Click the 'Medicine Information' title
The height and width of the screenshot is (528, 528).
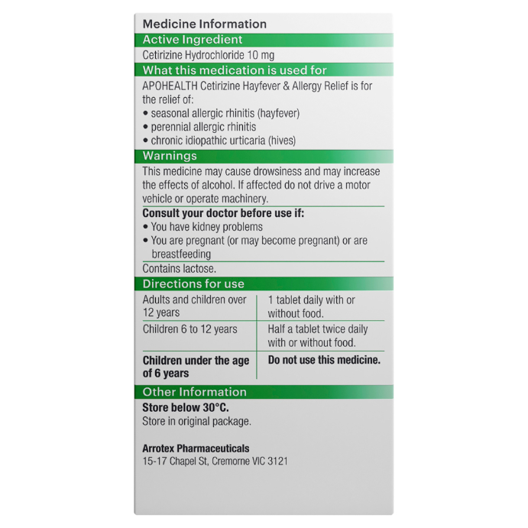[x=204, y=24]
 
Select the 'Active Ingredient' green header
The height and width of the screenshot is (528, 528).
[x=193, y=40]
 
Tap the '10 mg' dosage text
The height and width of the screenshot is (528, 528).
[x=260, y=55]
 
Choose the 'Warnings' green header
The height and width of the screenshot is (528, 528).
[x=170, y=156]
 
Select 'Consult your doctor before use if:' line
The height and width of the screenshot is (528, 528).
[x=223, y=213]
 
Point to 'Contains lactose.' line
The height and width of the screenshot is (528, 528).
[x=180, y=269]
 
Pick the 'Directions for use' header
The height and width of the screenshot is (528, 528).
[x=193, y=284]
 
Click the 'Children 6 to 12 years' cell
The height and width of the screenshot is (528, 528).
[x=189, y=329]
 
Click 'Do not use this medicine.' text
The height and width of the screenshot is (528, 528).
[x=324, y=360]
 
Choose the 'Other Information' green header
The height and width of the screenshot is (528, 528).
[x=194, y=392]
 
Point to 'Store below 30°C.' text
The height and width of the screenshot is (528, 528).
[x=185, y=408]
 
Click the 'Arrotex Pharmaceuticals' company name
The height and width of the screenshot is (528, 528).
[x=196, y=449]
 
